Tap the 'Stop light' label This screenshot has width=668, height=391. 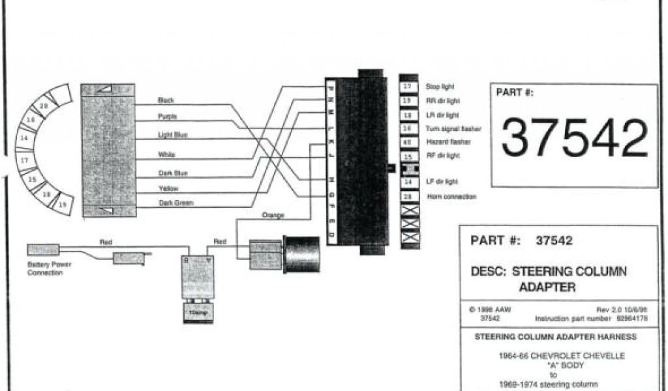coord(440,87)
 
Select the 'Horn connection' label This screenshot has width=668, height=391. coord(451,196)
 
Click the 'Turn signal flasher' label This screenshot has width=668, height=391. coord(453,129)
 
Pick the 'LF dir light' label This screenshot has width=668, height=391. coord(442,182)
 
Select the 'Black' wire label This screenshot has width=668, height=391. coord(166,100)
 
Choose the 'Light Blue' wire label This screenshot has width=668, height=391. coord(173,135)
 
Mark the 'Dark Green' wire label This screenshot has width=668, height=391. coord(175,203)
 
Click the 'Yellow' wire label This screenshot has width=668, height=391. coord(168,188)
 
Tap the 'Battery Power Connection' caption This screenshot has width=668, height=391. coord(50,268)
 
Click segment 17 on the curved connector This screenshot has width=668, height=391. coord(25,159)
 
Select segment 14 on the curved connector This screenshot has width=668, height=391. coord(24,139)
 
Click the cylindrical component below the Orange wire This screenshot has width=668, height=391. coord(301,253)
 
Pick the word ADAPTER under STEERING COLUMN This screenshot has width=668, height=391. coord(547,287)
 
